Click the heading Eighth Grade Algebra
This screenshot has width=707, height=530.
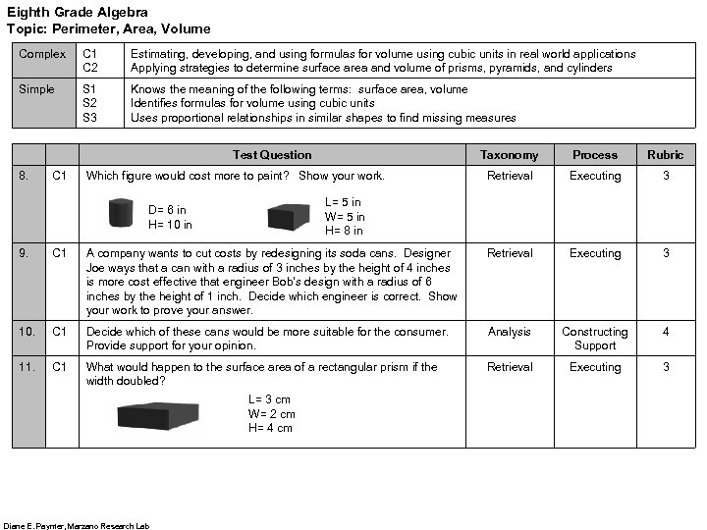(x=78, y=13)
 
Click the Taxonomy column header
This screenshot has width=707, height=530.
(x=509, y=155)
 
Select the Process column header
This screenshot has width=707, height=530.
(x=594, y=155)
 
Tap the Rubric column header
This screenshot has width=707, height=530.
(x=665, y=155)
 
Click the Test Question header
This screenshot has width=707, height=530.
(x=272, y=155)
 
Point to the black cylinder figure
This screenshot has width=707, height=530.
(x=122, y=212)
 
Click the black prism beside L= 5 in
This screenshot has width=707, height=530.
(x=289, y=217)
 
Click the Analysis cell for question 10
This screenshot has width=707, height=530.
(x=509, y=332)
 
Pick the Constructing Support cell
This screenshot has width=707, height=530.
(x=594, y=339)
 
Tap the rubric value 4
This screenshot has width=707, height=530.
(x=665, y=332)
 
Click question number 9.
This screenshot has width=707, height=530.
(x=25, y=253)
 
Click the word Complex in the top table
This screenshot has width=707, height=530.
(x=42, y=54)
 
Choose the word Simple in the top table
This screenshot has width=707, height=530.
(x=37, y=89)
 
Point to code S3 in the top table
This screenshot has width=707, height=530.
(x=89, y=118)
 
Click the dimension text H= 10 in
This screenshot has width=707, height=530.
(x=170, y=225)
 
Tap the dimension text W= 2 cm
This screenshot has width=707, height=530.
(x=271, y=414)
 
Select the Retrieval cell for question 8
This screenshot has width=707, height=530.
(x=509, y=176)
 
